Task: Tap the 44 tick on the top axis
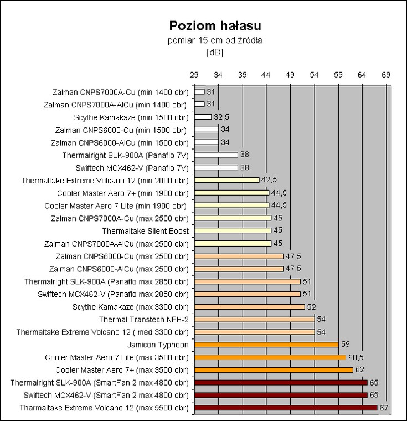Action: tap(266, 74)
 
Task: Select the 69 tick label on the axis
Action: tap(387, 74)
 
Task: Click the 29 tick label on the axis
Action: tap(194, 74)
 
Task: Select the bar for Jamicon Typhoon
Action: tap(266, 345)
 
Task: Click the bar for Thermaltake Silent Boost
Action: tap(233, 230)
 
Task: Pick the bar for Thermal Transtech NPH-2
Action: tap(254, 319)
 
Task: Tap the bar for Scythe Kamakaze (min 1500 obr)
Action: tap(203, 117)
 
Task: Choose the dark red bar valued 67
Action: tap(286, 408)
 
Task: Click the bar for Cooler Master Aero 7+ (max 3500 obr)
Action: tap(274, 369)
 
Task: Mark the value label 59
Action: tap(344, 345)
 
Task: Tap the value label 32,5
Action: tap(220, 117)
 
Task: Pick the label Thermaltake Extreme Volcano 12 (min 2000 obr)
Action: tap(105, 180)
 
